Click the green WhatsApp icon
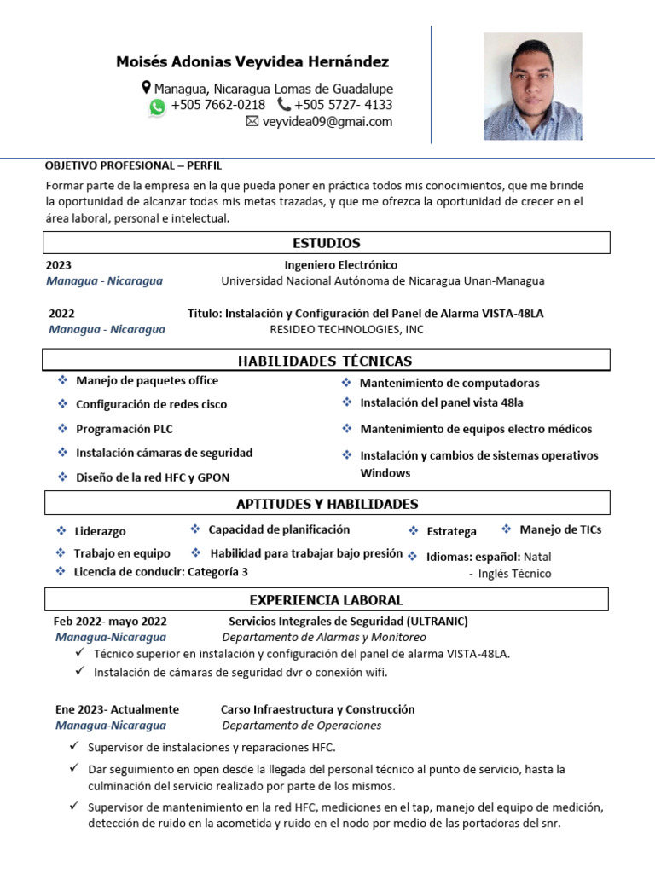coord(157,107)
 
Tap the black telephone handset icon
coord(283,105)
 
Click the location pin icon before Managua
coord(146,88)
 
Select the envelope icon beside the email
coord(252,122)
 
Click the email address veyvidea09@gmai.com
coord(327,122)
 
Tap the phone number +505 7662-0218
coord(217,105)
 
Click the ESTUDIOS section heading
coord(327,243)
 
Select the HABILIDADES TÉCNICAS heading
coord(325,361)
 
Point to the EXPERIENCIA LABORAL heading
coord(326,600)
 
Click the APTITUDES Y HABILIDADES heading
coord(327,504)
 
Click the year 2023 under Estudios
coord(59,265)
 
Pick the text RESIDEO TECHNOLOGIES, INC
coord(346,329)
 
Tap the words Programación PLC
coord(124,429)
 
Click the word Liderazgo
coord(100,531)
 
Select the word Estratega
coord(451,531)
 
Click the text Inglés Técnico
coord(514,574)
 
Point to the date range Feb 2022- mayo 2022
coord(110,622)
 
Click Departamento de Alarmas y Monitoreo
coord(324,637)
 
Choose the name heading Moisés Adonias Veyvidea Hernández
coord(252,62)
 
